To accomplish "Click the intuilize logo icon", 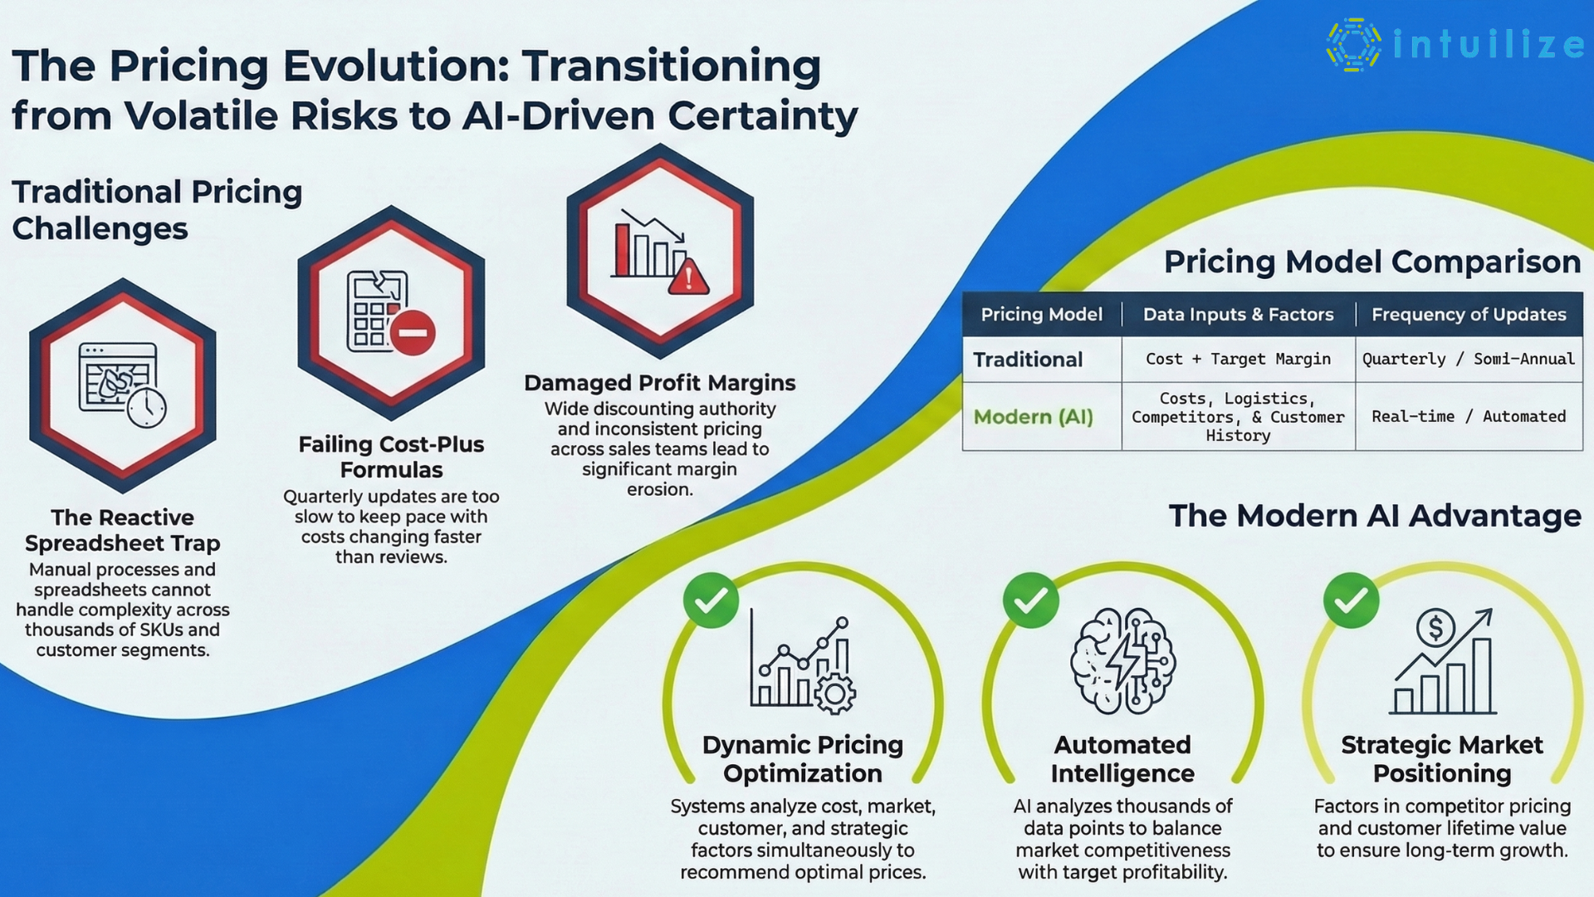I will click(1353, 45).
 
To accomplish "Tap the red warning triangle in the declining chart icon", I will click(688, 277).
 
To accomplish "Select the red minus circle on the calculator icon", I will click(413, 333).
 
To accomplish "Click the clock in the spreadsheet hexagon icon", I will click(147, 406).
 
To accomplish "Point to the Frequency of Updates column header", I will click(1468, 315).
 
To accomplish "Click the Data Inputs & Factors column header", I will click(1238, 315).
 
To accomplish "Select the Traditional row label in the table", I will click(1028, 360).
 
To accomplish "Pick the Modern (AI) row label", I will click(1033, 417).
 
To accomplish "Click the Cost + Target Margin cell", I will click(1238, 359).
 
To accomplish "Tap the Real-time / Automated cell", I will click(1468, 416).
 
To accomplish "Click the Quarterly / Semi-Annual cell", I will click(1468, 359).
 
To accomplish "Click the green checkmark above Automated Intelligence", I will click(1030, 600).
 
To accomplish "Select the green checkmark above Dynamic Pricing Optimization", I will click(711, 600).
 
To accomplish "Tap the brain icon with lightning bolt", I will click(1122, 661).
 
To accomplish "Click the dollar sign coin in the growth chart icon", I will click(1435, 628).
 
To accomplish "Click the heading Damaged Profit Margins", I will click(659, 383).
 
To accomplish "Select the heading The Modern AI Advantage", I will click(1374, 516).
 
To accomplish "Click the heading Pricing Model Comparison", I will click(1372, 262).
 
